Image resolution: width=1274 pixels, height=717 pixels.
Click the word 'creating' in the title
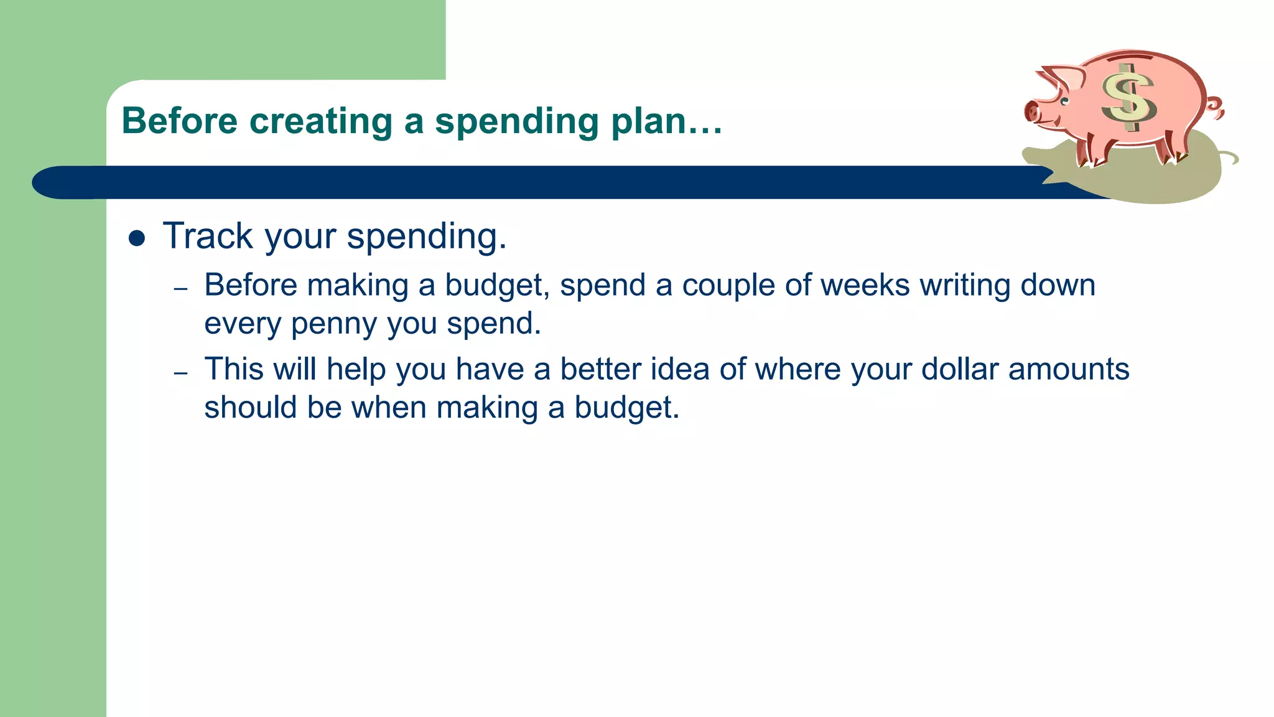320,121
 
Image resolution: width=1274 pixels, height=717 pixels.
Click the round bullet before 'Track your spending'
136,238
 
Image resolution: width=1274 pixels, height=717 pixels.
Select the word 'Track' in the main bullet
208,237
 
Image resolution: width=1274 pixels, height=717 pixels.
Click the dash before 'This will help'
180,373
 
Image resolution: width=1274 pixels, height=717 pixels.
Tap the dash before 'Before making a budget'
180,289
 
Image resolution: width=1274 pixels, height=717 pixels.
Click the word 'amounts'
1068,369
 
